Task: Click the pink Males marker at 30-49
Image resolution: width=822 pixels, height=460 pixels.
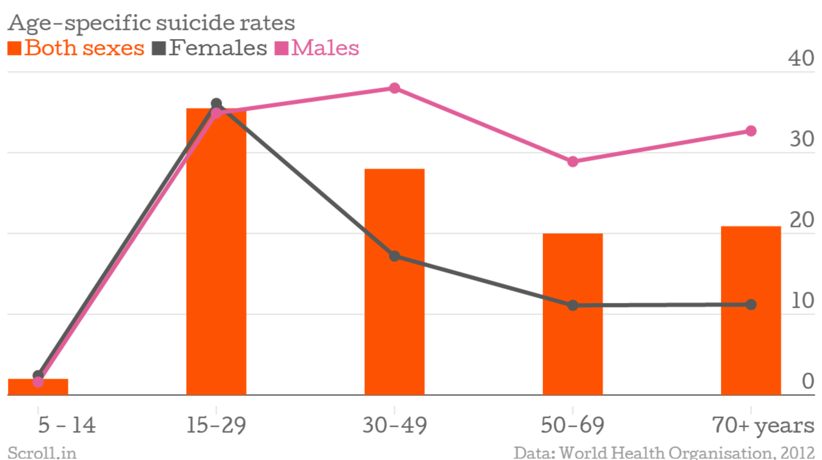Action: pyautogui.click(x=395, y=88)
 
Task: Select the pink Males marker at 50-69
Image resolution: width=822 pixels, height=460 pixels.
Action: pyautogui.click(x=573, y=162)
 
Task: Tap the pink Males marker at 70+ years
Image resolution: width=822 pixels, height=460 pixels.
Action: pyautogui.click(x=751, y=131)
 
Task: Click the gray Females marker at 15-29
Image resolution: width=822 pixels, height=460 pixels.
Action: pyautogui.click(x=216, y=103)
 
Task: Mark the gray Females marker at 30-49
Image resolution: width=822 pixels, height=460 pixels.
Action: pyautogui.click(x=395, y=256)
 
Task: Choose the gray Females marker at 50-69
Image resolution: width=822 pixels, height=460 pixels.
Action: pyautogui.click(x=573, y=305)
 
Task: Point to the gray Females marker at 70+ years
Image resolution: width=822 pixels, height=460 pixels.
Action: pyautogui.click(x=751, y=305)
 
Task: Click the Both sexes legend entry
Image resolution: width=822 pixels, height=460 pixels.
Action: pyautogui.click(x=77, y=48)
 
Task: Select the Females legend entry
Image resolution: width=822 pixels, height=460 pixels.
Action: pyautogui.click(x=210, y=48)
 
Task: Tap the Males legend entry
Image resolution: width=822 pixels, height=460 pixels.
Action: pyautogui.click(x=317, y=48)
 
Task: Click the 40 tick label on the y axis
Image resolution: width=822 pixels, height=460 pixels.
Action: pyautogui.click(x=801, y=58)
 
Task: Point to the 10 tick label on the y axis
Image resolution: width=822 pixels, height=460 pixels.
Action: pyautogui.click(x=802, y=301)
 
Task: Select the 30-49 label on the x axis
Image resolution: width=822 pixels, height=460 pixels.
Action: pyautogui.click(x=394, y=425)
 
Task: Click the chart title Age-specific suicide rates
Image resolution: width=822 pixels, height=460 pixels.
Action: pyautogui.click(x=151, y=23)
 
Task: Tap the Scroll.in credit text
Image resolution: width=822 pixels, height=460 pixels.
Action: pyautogui.click(x=42, y=452)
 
